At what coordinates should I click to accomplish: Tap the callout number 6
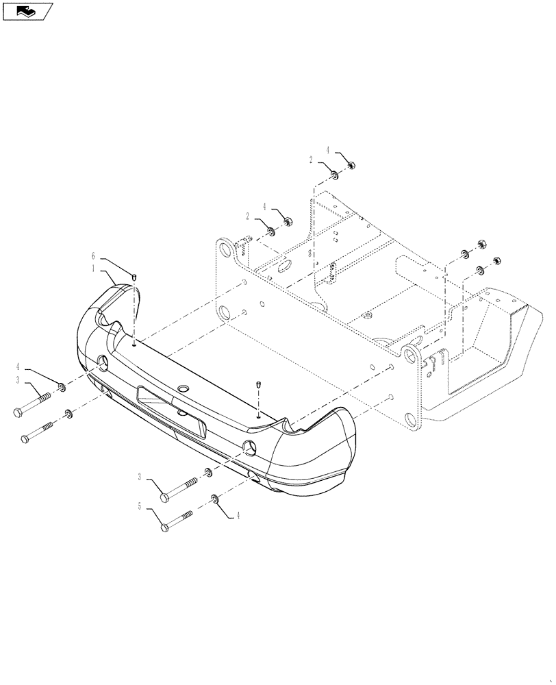[94, 256]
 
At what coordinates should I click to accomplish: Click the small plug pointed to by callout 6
[134, 276]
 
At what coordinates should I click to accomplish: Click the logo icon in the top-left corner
[27, 11]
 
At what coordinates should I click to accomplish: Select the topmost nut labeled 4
[349, 164]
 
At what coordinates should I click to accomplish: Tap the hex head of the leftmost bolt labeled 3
[18, 412]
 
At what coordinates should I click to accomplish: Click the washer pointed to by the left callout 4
[62, 388]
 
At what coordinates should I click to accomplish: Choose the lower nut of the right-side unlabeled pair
[498, 262]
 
